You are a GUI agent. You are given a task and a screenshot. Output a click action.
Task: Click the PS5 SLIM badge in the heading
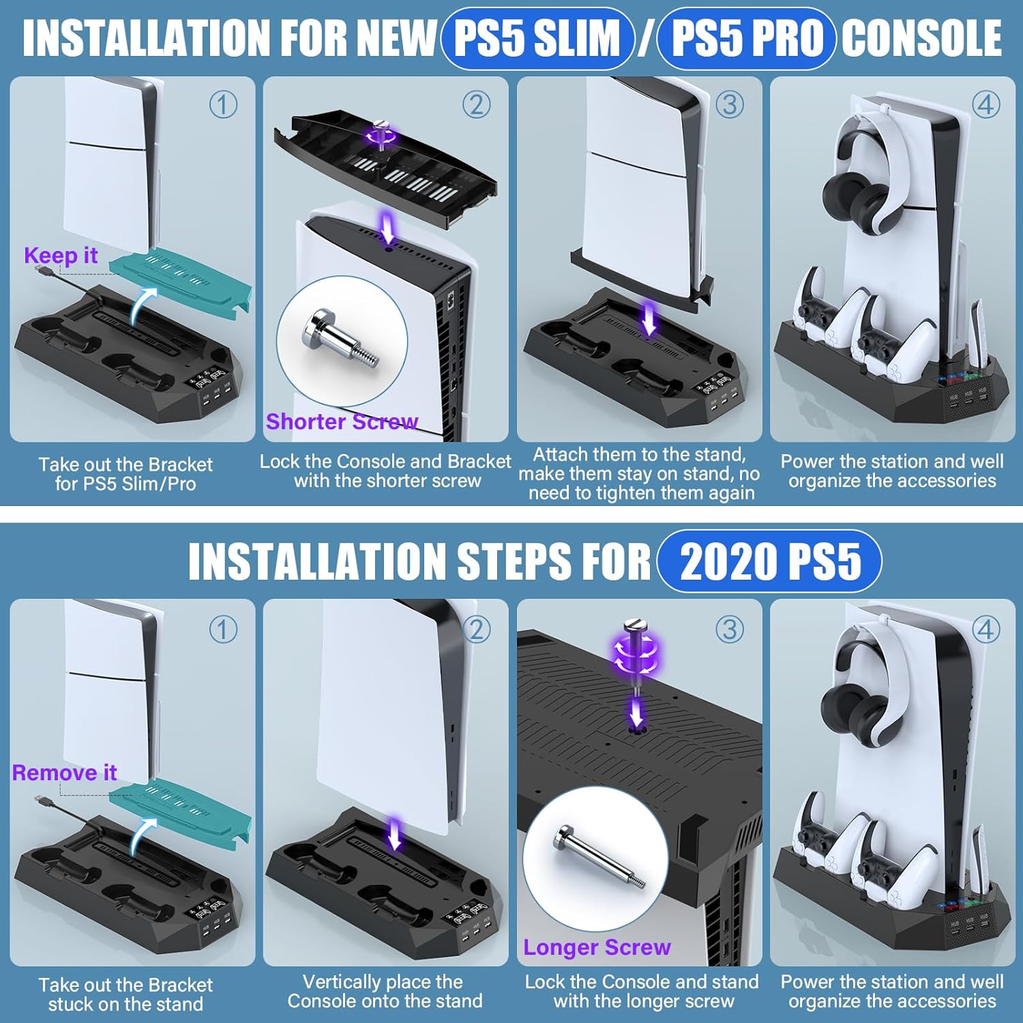537,38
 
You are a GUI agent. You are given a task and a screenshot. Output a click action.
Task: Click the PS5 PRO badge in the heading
747,38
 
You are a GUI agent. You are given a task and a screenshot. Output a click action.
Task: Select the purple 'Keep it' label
61,255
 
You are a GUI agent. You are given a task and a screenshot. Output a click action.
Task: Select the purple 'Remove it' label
64,773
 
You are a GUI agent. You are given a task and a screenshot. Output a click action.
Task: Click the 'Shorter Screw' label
342,421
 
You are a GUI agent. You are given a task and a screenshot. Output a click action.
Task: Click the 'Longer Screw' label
597,947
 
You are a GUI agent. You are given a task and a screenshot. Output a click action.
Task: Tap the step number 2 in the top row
476,105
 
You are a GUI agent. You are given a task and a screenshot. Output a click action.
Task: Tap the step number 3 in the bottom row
729,629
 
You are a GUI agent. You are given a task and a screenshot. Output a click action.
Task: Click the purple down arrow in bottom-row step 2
394,835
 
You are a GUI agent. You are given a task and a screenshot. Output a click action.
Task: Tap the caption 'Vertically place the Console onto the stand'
385,991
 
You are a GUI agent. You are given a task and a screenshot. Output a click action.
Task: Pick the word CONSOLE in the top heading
921,38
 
